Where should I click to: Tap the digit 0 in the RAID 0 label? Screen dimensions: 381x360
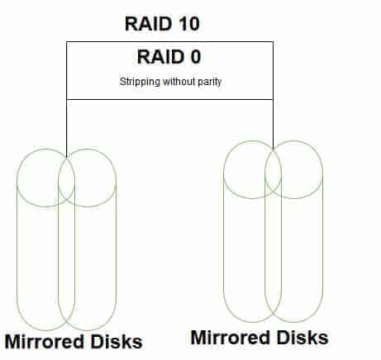[195, 57]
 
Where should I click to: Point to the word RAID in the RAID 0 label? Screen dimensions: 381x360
[159, 57]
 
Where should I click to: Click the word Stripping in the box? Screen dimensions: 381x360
[140, 82]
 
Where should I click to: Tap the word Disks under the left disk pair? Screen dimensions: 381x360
[117, 342]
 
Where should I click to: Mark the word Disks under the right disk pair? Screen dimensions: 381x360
[302, 338]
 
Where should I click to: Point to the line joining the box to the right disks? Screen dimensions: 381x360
[273, 124]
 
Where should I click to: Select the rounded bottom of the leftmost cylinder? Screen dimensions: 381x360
[45, 330]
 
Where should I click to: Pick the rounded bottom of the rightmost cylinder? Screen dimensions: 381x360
[293, 322]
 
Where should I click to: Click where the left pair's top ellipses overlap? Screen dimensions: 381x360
[67, 178]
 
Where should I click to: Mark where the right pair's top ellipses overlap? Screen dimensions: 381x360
[273, 169]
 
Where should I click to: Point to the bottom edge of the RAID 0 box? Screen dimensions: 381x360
[169, 99]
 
